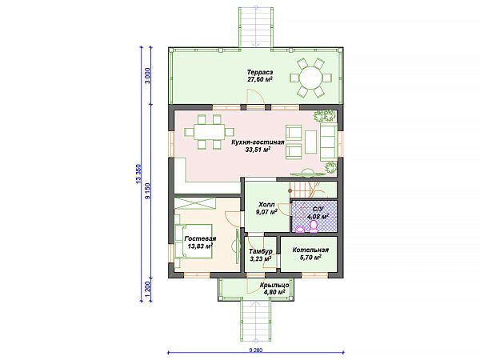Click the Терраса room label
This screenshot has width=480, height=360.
click(x=260, y=73)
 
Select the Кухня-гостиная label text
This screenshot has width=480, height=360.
click(x=258, y=142)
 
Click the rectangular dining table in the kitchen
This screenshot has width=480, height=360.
click(x=209, y=132)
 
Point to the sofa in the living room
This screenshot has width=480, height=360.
click(x=329, y=142)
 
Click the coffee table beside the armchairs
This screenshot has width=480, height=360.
click(x=310, y=142)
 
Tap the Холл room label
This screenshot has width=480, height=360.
click(x=266, y=204)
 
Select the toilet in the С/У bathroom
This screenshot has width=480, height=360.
click(x=314, y=227)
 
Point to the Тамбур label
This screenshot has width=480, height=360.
click(x=261, y=251)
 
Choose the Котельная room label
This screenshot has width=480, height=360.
click(x=310, y=250)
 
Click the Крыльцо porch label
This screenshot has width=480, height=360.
click(x=274, y=285)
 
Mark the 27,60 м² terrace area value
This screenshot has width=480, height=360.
click(x=260, y=79)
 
